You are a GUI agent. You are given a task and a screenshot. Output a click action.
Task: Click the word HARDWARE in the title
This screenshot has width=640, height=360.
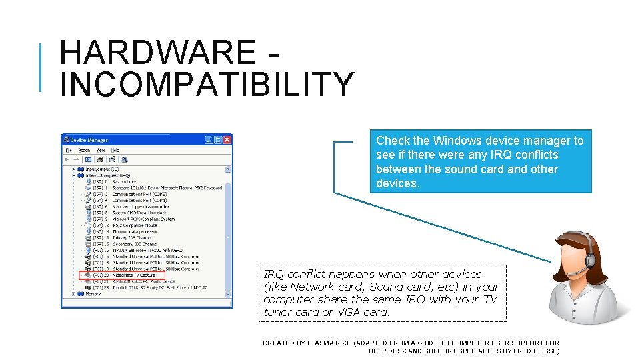157,52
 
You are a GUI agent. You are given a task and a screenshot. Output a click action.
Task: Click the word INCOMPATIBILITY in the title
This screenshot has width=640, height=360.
207,84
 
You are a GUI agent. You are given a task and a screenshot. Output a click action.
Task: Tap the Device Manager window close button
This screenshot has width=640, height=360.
227,140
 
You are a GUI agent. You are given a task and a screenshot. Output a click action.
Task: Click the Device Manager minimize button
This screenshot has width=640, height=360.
209,140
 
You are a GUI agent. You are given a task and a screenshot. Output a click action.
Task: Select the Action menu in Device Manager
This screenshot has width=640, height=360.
84,150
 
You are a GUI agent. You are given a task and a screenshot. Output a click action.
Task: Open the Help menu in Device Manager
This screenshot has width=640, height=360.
115,150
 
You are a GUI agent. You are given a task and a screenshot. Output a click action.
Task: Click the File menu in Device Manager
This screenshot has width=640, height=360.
69,150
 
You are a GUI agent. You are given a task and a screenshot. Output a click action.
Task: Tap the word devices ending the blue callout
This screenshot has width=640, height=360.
397,183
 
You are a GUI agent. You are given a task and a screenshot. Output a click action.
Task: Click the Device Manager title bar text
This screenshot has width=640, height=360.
89,140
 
